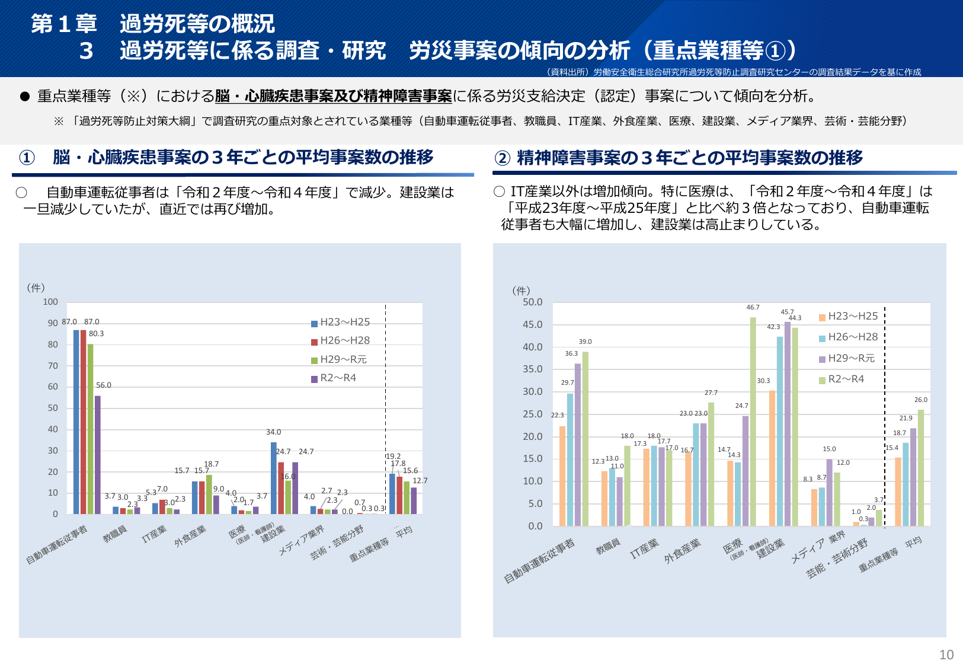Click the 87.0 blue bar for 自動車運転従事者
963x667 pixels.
(x=76, y=422)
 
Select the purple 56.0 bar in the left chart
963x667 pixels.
(x=98, y=455)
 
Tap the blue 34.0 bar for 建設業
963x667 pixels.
(x=274, y=478)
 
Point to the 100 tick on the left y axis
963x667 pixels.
(x=51, y=302)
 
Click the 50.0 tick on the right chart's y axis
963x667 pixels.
(x=532, y=302)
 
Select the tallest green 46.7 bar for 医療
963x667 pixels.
(x=753, y=422)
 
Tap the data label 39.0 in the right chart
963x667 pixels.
(x=586, y=342)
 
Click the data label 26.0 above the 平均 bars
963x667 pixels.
(x=921, y=400)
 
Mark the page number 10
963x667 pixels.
(x=946, y=655)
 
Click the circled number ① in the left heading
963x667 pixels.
(x=27, y=158)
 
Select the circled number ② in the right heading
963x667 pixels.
(x=503, y=158)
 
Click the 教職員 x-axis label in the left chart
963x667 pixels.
(x=115, y=534)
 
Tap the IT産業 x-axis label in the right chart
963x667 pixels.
(x=644, y=548)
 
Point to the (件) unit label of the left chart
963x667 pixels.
(x=36, y=288)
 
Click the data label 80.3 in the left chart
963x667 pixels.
(x=97, y=334)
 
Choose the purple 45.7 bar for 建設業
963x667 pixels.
(x=788, y=424)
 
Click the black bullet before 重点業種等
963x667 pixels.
(x=25, y=97)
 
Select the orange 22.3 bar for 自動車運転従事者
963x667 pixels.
(x=562, y=476)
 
